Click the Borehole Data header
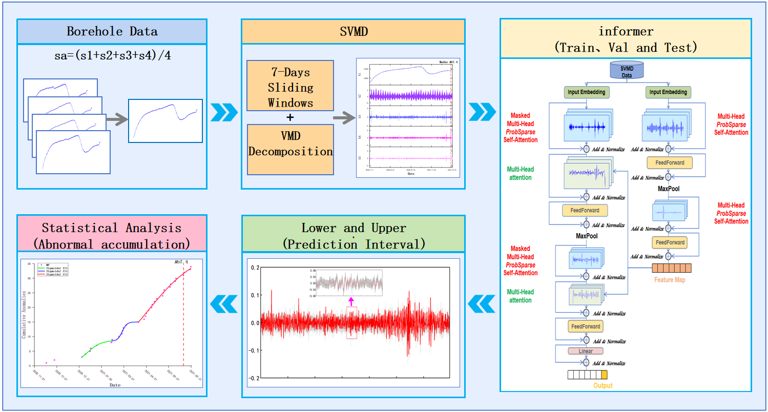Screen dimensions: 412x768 (x=112, y=31)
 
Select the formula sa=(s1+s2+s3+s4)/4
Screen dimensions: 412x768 (x=112, y=55)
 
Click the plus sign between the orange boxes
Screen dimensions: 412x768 (x=290, y=117)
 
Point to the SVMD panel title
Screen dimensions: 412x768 (x=353, y=31)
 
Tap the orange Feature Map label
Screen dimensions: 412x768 (x=669, y=280)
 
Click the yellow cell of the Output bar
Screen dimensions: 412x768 (x=604, y=375)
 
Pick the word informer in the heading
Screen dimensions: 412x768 (x=626, y=32)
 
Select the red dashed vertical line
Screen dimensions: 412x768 (x=183, y=318)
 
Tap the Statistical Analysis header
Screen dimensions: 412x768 (x=112, y=235)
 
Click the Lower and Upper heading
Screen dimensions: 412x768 (x=353, y=228)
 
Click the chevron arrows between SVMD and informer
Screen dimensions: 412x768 (x=482, y=110)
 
